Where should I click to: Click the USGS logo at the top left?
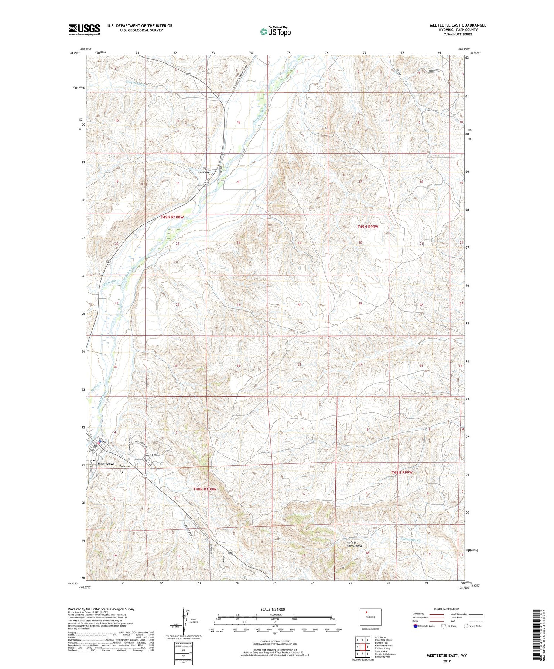tap(84, 30)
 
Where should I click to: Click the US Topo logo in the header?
tap(275, 32)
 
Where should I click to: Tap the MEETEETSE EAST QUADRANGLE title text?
tap(458, 25)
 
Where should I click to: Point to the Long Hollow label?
tap(204, 170)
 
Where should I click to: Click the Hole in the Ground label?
tap(354, 544)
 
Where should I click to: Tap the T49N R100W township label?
tap(172, 217)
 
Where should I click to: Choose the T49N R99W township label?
tap(368, 227)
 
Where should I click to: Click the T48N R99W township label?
tap(402, 472)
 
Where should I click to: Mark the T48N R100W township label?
tap(204, 489)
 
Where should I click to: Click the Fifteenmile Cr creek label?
tap(410, 539)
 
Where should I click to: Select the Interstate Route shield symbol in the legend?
tap(415, 626)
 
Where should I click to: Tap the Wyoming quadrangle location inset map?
tap(370, 617)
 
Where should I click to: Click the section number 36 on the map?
tap(239, 366)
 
